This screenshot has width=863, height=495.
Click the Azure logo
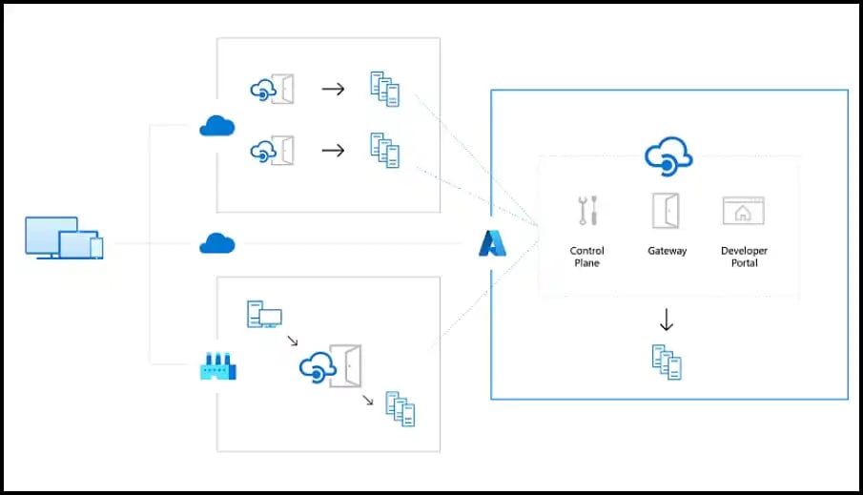pos(492,244)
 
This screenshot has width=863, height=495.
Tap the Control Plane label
pos(587,257)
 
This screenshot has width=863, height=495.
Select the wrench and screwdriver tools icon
pos(587,211)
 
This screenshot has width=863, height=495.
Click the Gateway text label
pos(667,251)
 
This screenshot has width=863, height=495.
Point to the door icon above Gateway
pos(666,211)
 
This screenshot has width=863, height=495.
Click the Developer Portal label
pos(744,257)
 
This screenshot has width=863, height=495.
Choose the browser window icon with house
pos(744,211)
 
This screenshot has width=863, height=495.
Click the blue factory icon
pos(217,365)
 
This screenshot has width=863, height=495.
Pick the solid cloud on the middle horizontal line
pos(217,244)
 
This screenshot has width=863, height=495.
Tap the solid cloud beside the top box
pos(217,125)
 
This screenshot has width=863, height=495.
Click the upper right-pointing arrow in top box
pos(333,90)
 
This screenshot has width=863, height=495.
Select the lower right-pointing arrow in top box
pos(333,151)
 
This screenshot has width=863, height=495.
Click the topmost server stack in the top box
pos(384,90)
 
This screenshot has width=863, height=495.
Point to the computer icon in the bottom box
pos(264,314)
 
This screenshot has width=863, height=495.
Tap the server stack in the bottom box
pos(401,408)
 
